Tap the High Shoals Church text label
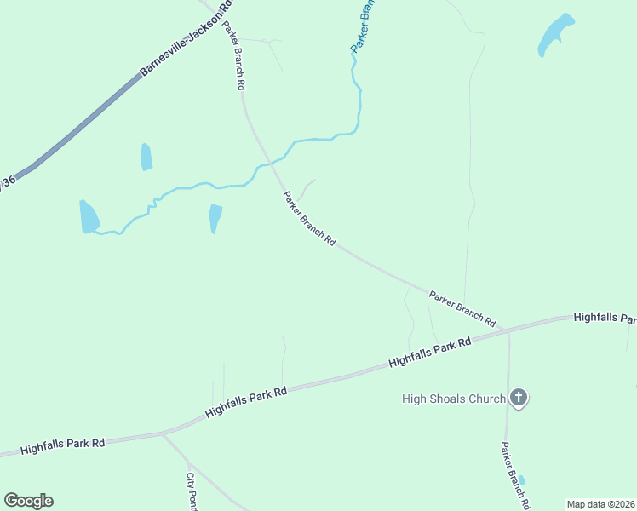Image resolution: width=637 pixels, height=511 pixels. click(x=453, y=399)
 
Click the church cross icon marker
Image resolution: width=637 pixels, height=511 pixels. click(x=519, y=398)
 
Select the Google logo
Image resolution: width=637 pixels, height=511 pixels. click(x=28, y=501)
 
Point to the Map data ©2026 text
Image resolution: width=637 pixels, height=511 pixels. click(x=600, y=504)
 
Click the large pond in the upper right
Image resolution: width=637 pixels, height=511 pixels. click(x=554, y=36)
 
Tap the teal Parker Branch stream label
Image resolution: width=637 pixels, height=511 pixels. click(x=364, y=26)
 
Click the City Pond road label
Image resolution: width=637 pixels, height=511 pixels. click(x=192, y=492)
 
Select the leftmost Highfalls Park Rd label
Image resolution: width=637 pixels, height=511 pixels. click(x=62, y=445)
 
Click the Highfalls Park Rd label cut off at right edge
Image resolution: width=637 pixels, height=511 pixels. click(x=605, y=318)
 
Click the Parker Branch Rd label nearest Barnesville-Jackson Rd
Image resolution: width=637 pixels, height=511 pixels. click(x=234, y=55)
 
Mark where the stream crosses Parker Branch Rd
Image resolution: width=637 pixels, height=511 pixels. click(x=271, y=162)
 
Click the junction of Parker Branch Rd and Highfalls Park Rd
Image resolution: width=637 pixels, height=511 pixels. click(x=508, y=330)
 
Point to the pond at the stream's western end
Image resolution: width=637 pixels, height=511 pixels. click(x=89, y=217)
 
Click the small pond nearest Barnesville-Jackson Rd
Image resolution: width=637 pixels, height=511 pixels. click(x=146, y=157)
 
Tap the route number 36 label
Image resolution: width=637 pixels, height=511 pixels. click(x=9, y=181)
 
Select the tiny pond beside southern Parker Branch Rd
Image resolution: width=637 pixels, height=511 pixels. click(x=522, y=480)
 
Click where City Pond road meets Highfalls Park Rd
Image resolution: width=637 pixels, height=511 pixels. click(x=163, y=434)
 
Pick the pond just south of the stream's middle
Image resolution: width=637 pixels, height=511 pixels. click(x=215, y=218)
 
